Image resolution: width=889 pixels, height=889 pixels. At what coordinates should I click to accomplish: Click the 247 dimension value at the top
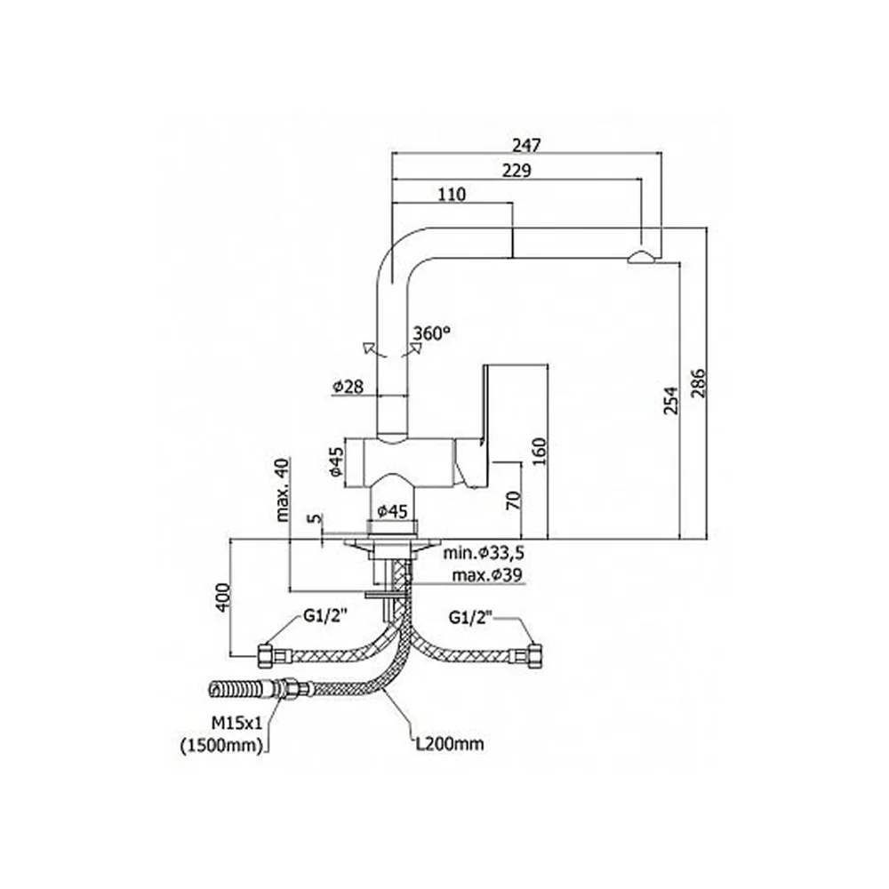[x=526, y=145]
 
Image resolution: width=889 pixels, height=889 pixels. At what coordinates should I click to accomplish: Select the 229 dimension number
[x=517, y=170]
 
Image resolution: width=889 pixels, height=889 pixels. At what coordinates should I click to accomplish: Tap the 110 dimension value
[x=452, y=195]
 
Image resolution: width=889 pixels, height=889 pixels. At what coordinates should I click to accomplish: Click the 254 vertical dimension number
[x=671, y=400]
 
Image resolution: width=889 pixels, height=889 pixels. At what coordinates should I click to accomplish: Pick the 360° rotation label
[x=431, y=333]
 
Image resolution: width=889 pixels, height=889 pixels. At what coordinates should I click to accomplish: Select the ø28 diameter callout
[x=348, y=387]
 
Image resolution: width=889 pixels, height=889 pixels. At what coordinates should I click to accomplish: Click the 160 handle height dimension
[x=540, y=452]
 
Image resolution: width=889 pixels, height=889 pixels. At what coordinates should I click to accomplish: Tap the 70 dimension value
[x=513, y=500]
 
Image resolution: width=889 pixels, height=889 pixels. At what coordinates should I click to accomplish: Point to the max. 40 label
[x=282, y=490]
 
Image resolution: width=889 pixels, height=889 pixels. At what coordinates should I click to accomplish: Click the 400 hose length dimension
[x=223, y=597]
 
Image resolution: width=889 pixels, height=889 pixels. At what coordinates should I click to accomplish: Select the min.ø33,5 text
[x=485, y=552]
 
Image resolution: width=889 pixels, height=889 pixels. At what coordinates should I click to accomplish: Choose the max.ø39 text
[x=487, y=575]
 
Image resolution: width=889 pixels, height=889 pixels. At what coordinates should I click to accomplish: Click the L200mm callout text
[x=450, y=743]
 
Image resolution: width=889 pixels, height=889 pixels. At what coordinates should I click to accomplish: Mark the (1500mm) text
[x=222, y=746]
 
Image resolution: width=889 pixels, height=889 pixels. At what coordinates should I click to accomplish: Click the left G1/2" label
[x=321, y=616]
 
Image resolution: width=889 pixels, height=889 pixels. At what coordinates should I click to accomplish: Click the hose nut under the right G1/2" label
[x=534, y=657]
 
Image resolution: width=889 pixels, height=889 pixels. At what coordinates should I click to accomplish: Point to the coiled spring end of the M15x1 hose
[x=228, y=690]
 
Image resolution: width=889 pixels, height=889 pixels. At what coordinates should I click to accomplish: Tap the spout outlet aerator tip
[x=641, y=258]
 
